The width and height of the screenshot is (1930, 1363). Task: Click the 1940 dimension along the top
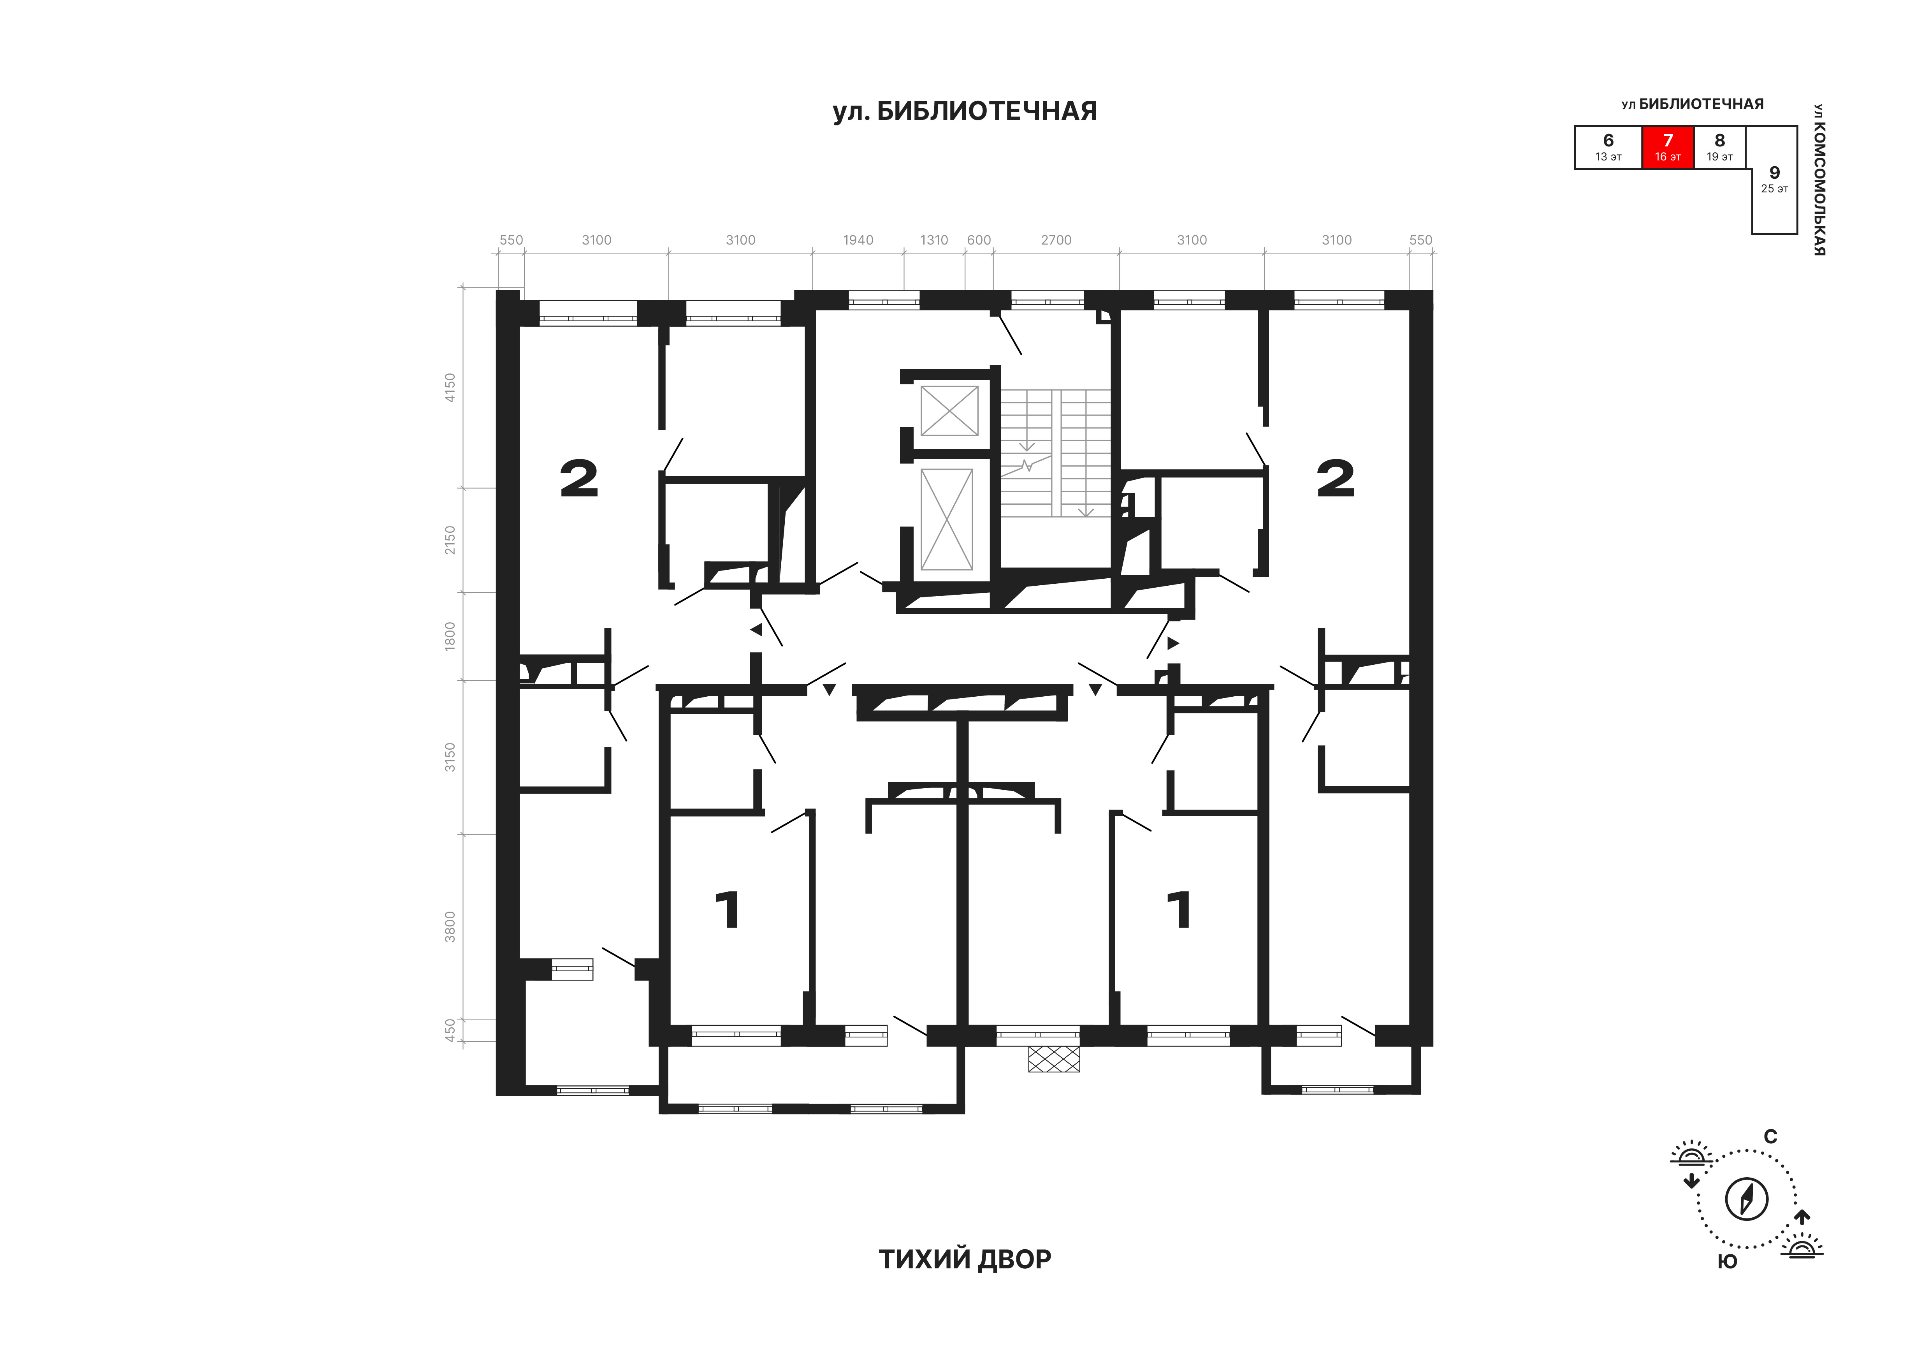(x=858, y=241)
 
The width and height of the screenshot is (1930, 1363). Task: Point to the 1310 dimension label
(x=934, y=241)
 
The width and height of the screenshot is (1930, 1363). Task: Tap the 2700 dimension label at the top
(x=1056, y=241)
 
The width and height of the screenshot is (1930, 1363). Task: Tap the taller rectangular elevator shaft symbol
(x=946, y=519)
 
